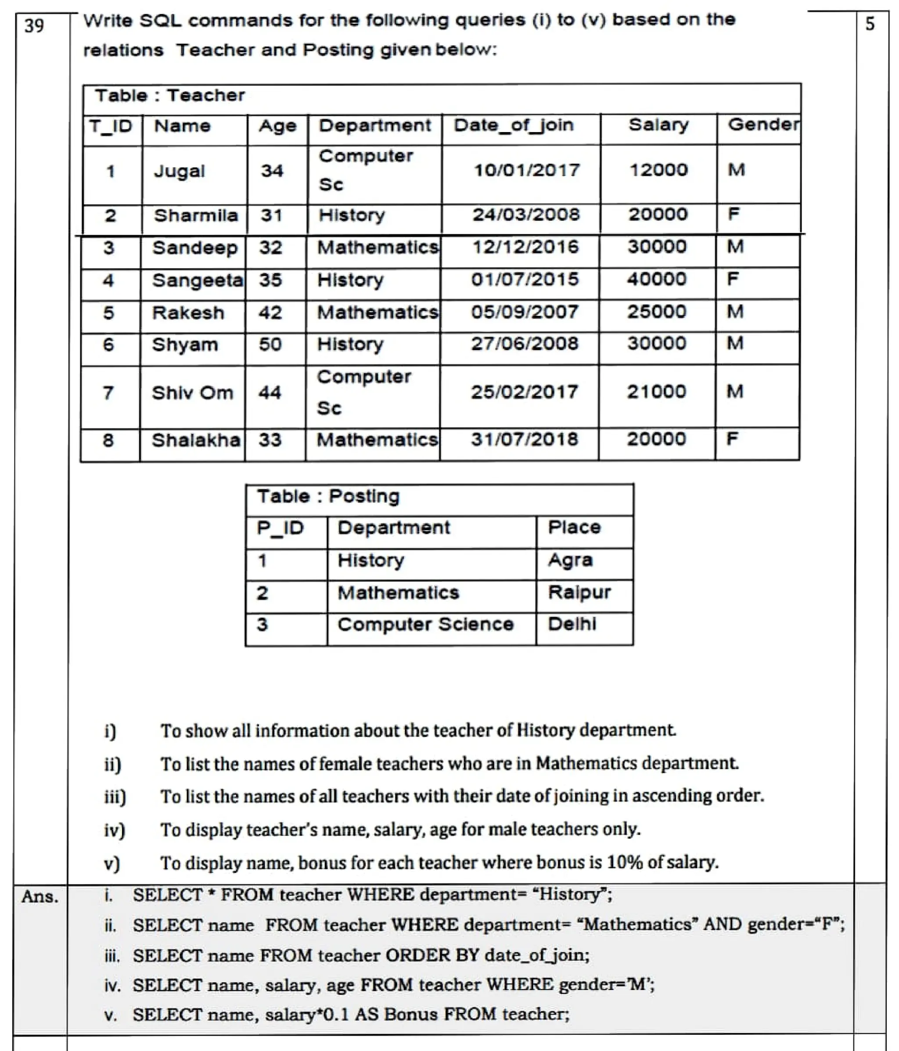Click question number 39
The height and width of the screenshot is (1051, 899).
(x=34, y=25)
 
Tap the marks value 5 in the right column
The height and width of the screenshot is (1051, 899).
(x=870, y=24)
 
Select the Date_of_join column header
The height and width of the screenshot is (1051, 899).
(x=514, y=126)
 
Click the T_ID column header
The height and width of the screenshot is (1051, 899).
(x=111, y=126)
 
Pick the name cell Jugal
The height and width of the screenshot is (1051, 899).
(x=179, y=172)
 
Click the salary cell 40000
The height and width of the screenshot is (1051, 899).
(x=657, y=279)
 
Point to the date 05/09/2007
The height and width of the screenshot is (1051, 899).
(x=525, y=312)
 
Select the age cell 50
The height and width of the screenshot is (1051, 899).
(x=270, y=345)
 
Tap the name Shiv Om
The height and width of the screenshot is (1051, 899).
(x=192, y=393)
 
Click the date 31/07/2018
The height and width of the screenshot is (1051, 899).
(x=524, y=439)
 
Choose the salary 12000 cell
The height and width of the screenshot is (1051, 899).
(x=658, y=170)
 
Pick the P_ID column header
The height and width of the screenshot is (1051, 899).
(x=280, y=528)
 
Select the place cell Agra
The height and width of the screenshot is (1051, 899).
(x=570, y=560)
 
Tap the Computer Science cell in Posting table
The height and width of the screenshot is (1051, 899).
(x=425, y=624)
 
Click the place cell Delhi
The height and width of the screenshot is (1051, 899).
(x=572, y=624)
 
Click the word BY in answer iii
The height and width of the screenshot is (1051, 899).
(x=466, y=955)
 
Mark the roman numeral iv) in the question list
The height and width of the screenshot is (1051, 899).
(x=115, y=830)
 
